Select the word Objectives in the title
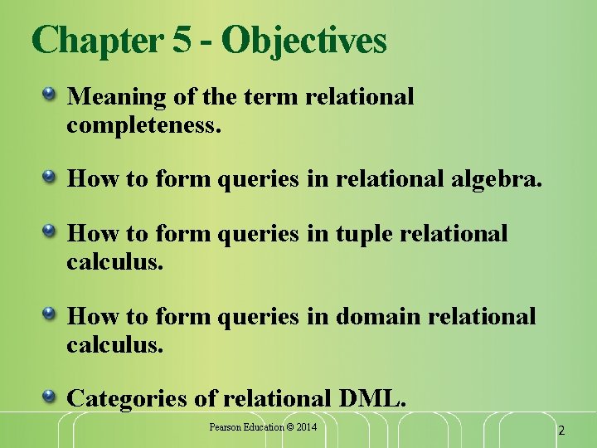pyautogui.click(x=304, y=41)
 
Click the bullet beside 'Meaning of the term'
pyautogui.click(x=50, y=95)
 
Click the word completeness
pyautogui.click(x=143, y=125)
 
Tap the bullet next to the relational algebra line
pyautogui.click(x=50, y=177)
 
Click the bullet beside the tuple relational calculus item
pyautogui.click(x=50, y=231)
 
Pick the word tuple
pyautogui.click(x=362, y=234)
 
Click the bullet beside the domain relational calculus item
pyautogui.click(x=50, y=314)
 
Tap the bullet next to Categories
pyautogui.click(x=50, y=396)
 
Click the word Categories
pyautogui.click(x=128, y=398)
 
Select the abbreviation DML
pyautogui.click(x=372, y=398)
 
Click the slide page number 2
pyautogui.click(x=561, y=431)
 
